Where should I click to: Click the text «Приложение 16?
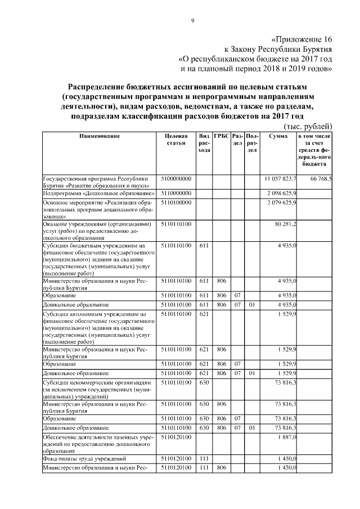[301, 39]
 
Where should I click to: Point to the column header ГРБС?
[222, 137]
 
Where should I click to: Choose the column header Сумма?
[278, 137]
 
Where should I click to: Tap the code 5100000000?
[176, 178]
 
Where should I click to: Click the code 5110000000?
[176, 193]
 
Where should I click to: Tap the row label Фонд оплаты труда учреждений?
[84, 459]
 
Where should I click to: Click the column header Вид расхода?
[204, 143]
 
